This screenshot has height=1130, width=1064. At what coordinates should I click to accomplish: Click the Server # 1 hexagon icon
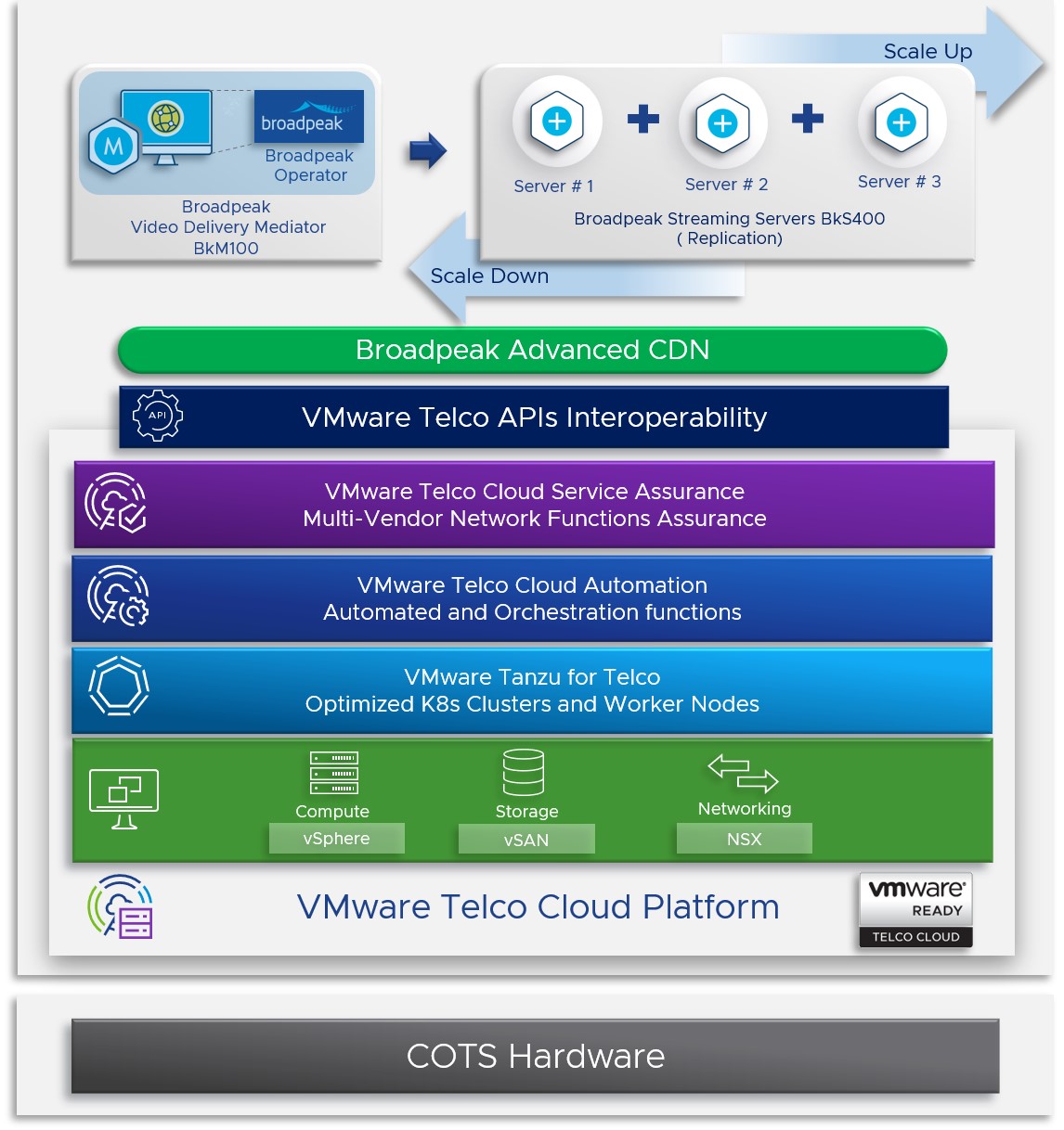click(x=557, y=121)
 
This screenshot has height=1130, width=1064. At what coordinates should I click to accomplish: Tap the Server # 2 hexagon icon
click(x=722, y=122)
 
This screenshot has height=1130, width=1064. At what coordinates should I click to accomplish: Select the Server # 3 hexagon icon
click(x=901, y=122)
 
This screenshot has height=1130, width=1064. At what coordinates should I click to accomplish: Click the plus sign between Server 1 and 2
click(x=642, y=119)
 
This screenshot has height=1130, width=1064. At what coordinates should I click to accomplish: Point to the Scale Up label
click(x=928, y=51)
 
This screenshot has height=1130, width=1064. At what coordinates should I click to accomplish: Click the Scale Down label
click(x=489, y=276)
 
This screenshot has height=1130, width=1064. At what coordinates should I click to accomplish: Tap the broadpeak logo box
click(x=308, y=116)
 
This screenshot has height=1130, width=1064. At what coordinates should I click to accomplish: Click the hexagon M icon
click(x=113, y=146)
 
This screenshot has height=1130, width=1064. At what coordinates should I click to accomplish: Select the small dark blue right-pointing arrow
click(x=428, y=150)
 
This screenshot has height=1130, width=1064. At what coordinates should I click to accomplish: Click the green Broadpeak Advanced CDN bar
click(x=532, y=350)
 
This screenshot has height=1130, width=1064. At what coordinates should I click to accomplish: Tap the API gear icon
click(x=158, y=416)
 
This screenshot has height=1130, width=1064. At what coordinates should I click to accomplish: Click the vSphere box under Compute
click(x=336, y=839)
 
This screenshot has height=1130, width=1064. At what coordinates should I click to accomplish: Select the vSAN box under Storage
click(x=526, y=840)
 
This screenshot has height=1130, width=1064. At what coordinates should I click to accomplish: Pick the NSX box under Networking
click(x=744, y=839)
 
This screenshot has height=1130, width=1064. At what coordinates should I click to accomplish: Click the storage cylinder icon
click(x=524, y=772)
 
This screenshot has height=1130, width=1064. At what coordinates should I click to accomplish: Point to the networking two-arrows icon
click(x=743, y=772)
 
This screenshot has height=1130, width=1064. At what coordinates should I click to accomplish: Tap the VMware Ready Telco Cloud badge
click(x=915, y=910)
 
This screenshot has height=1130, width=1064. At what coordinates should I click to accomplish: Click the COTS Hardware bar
click(x=535, y=1056)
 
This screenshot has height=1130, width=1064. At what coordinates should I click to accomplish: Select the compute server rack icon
click(x=333, y=772)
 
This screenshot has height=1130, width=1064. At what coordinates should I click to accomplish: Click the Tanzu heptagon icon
click(x=119, y=687)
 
